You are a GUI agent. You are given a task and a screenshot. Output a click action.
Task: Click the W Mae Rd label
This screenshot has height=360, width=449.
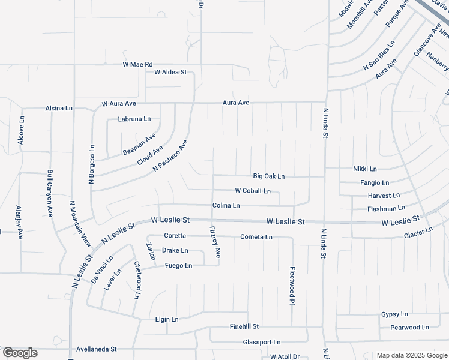pos(138,64)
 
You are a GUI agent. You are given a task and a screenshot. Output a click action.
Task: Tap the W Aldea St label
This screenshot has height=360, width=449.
pos(170,72)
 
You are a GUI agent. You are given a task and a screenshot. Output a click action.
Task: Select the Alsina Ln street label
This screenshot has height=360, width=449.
pos(59,109)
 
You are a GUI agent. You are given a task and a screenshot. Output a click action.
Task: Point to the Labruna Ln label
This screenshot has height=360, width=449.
pos(134,119)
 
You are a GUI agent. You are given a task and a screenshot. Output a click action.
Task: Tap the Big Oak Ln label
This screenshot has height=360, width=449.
pos(268,176)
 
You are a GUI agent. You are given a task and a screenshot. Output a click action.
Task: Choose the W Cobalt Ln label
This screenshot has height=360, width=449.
pos(253,191)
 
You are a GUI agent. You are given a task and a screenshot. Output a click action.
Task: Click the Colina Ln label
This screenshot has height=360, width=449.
pos(226,205)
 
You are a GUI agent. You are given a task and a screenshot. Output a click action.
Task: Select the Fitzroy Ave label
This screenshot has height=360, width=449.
pos(215,242)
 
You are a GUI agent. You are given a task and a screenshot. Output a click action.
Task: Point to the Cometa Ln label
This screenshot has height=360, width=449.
pos(256,237)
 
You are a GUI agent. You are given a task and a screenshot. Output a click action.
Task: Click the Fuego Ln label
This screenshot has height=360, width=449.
pos(178,265)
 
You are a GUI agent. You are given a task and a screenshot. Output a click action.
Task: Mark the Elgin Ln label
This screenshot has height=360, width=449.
pos(167,319)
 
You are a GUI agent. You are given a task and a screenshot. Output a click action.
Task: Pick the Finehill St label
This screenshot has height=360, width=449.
pos(244,326)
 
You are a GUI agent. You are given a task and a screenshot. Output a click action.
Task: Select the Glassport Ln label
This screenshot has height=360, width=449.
pos(261,342)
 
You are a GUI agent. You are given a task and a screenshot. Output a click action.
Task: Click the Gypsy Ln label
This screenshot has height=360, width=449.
pos(394,314)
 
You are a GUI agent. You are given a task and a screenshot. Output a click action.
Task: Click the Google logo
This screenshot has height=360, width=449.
pos(20,353)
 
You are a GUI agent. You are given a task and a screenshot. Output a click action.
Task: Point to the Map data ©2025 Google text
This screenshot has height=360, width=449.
pos(411,355)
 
